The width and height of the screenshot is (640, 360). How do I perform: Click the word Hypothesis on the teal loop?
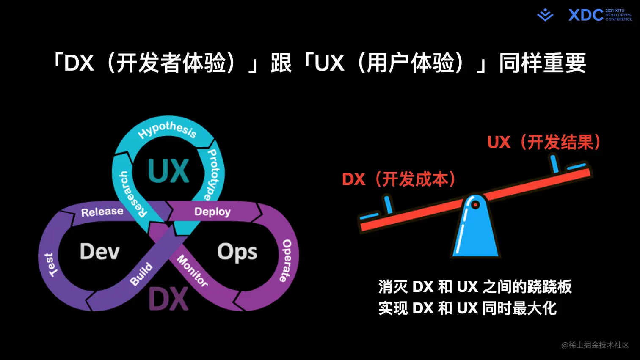[167, 129]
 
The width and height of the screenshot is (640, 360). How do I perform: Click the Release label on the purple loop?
[102, 212]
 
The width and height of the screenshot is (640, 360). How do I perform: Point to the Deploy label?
[212, 212]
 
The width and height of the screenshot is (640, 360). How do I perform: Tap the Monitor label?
[192, 271]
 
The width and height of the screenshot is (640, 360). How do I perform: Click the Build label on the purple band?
[141, 274]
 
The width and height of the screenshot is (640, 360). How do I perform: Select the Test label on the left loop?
[50, 265]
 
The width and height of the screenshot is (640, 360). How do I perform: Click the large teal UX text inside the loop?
[168, 171]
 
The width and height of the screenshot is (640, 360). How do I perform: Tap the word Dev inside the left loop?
[100, 252]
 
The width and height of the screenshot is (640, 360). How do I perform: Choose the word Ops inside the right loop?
[237, 253]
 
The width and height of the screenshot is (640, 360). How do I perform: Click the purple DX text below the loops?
[168, 299]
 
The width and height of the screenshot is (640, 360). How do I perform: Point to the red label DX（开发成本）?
[398, 179]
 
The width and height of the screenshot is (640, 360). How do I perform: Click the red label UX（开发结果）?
[544, 143]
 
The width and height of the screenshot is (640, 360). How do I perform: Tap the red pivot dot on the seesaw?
[475, 205]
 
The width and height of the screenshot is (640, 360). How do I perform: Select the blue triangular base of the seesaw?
[475, 237]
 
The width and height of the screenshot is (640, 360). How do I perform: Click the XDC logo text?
[585, 15]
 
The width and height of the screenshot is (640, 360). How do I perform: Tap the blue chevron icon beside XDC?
[545, 15]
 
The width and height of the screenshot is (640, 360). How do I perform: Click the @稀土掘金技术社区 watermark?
[595, 345]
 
